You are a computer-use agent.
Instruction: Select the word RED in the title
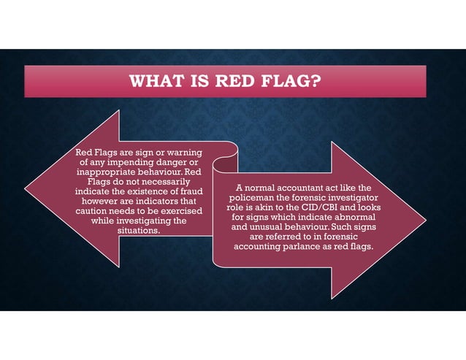[x=243, y=80]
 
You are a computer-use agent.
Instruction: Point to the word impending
[x=141, y=161]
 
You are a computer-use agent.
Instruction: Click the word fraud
[x=188, y=191]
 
